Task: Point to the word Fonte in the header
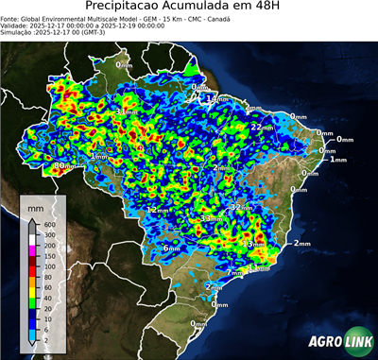click(10, 18)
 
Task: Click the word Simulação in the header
click(17, 33)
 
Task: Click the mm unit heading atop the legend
click(34, 204)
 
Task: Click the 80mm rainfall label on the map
click(62, 166)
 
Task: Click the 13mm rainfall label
click(256, 244)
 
